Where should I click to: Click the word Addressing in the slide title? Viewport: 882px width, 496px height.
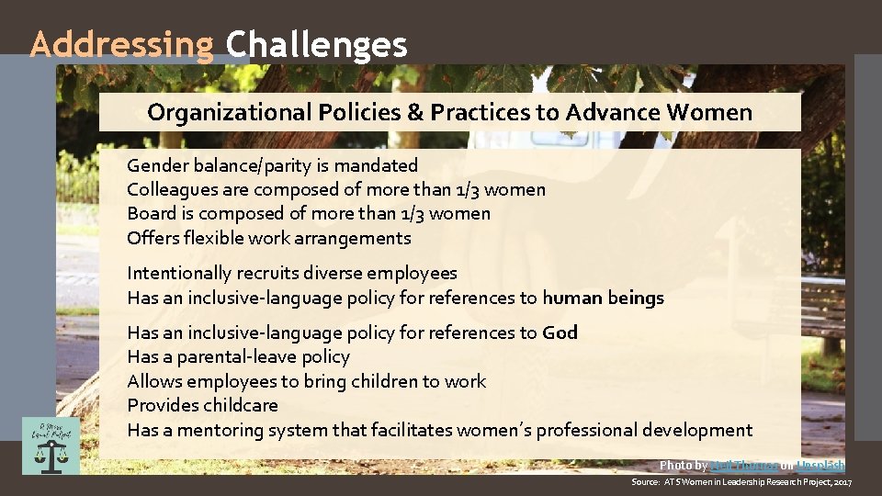tap(121, 44)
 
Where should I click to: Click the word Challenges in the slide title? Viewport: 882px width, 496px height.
tap(316, 44)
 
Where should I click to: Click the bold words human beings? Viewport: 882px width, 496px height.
tap(603, 298)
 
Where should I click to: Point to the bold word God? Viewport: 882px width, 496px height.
tap(560, 333)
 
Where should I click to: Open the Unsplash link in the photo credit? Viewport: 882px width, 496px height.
tap(820, 466)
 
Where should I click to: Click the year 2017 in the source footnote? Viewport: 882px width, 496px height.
tap(842, 482)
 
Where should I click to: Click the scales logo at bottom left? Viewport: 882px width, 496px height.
tap(51, 445)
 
